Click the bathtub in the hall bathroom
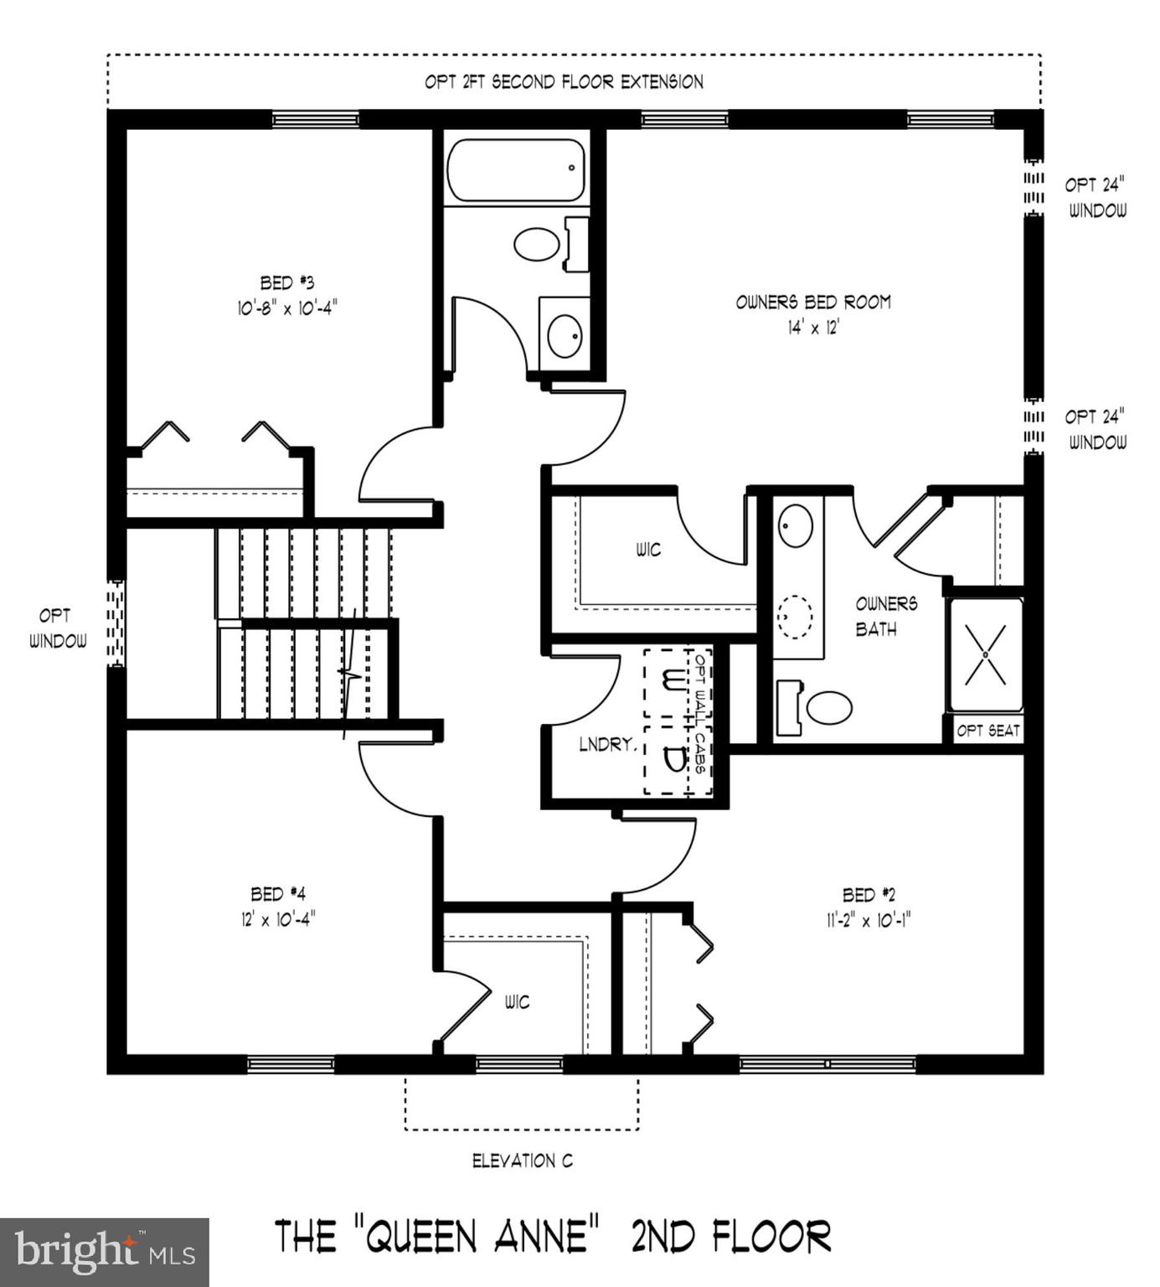click(516, 171)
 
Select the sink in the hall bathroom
click(565, 336)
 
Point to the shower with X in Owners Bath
click(986, 654)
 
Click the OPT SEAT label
click(988, 731)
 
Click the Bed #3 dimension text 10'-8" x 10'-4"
click(287, 308)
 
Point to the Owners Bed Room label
click(813, 302)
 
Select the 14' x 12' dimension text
click(812, 328)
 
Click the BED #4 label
click(277, 894)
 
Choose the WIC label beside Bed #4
click(517, 1002)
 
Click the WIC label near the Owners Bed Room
click(648, 550)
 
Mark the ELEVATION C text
click(523, 1160)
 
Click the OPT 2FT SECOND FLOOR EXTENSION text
click(564, 82)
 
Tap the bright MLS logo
click(105, 1253)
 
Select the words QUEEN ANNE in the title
click(483, 1236)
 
